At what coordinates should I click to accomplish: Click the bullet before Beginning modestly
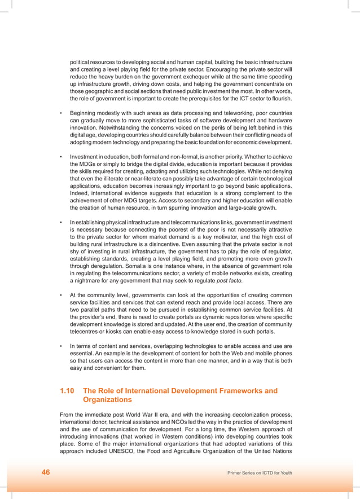click(x=61, y=112)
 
